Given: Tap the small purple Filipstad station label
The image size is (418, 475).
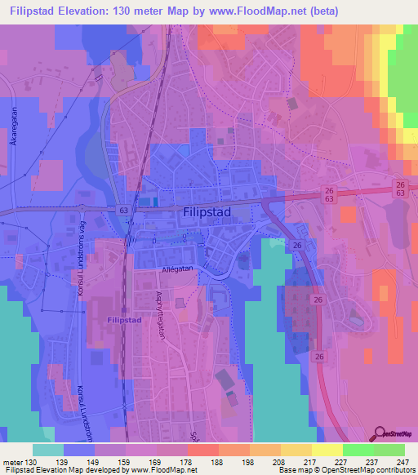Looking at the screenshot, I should click(122, 321).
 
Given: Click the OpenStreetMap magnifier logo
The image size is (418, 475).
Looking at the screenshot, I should click(381, 433).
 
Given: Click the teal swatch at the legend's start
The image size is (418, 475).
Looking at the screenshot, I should click(48, 450).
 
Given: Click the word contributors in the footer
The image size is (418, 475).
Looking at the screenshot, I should click(399, 470).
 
